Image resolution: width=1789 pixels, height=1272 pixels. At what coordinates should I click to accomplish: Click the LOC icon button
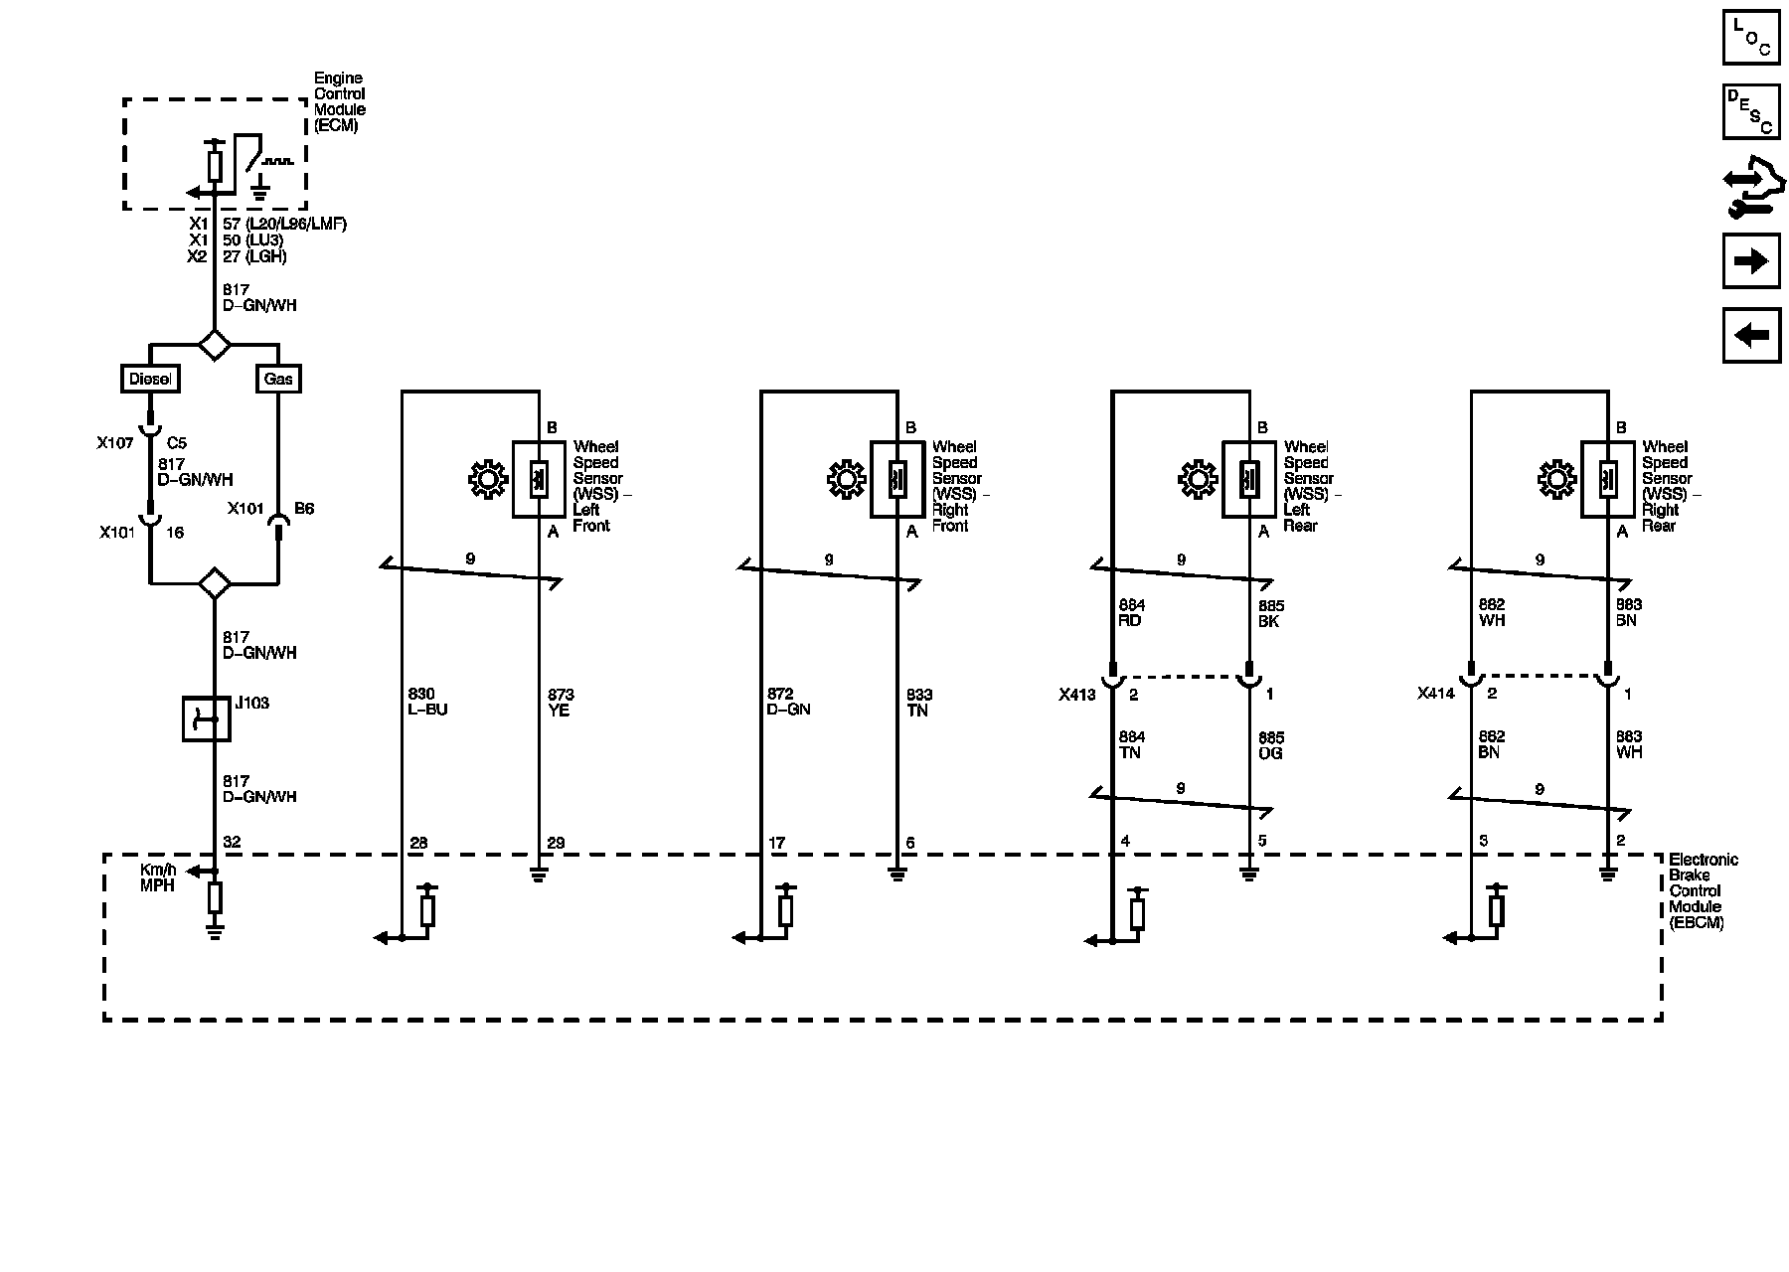tap(1751, 37)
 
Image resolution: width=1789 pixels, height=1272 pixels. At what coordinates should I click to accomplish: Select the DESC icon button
tap(1751, 111)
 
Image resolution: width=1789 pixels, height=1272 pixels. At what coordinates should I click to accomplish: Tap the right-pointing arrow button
tap(1751, 260)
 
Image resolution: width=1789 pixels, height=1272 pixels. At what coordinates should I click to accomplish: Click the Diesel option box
tap(150, 379)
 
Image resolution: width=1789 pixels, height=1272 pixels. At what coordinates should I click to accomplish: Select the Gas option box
tap(278, 379)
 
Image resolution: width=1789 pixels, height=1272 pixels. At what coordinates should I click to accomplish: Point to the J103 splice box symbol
tap(207, 718)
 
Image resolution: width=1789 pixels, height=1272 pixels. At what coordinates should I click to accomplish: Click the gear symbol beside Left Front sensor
tap(487, 480)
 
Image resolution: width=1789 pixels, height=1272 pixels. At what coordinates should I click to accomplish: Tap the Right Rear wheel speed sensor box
tap(1607, 479)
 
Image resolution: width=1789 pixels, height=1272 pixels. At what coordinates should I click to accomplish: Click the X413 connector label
tap(1077, 695)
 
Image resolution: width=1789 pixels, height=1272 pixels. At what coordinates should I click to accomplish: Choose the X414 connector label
tap(1436, 694)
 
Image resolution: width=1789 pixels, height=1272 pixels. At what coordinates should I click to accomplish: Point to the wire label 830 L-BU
tap(427, 702)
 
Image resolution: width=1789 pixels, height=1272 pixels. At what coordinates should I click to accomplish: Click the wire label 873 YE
tap(561, 702)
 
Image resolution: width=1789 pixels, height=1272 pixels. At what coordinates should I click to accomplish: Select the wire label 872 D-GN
tap(788, 702)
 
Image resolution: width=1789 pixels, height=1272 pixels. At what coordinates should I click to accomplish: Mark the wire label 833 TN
tap(919, 702)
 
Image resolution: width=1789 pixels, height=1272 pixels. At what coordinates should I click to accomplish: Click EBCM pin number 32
tap(232, 842)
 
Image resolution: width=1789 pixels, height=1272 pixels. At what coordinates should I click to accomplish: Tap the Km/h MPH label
tap(158, 877)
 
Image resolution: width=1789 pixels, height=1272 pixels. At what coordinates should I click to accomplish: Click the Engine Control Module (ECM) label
tap(340, 101)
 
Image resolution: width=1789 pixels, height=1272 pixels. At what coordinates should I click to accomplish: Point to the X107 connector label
tap(115, 443)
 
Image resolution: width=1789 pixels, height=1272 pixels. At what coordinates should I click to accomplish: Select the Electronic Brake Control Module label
tap(1704, 890)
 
